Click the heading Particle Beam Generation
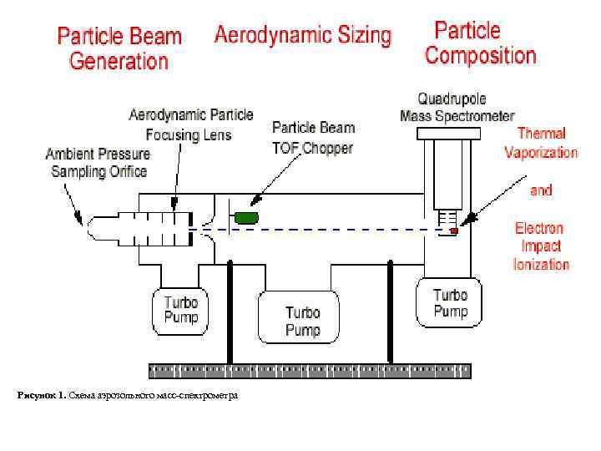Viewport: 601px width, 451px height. [119, 48]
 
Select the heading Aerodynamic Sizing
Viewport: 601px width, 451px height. [302, 35]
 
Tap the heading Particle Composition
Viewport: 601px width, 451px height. [480, 43]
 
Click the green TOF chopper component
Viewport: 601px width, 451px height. [246, 218]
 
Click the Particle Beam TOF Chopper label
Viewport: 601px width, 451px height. [313, 138]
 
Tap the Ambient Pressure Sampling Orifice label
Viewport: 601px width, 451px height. [97, 163]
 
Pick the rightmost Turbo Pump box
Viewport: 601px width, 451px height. [450, 303]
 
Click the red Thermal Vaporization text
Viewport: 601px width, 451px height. [541, 143]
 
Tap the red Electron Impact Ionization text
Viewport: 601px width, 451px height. [541, 246]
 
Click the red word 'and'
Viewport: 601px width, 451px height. [541, 190]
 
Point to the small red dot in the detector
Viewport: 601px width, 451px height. [453, 231]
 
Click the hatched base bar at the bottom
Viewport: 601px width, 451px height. [309, 368]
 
